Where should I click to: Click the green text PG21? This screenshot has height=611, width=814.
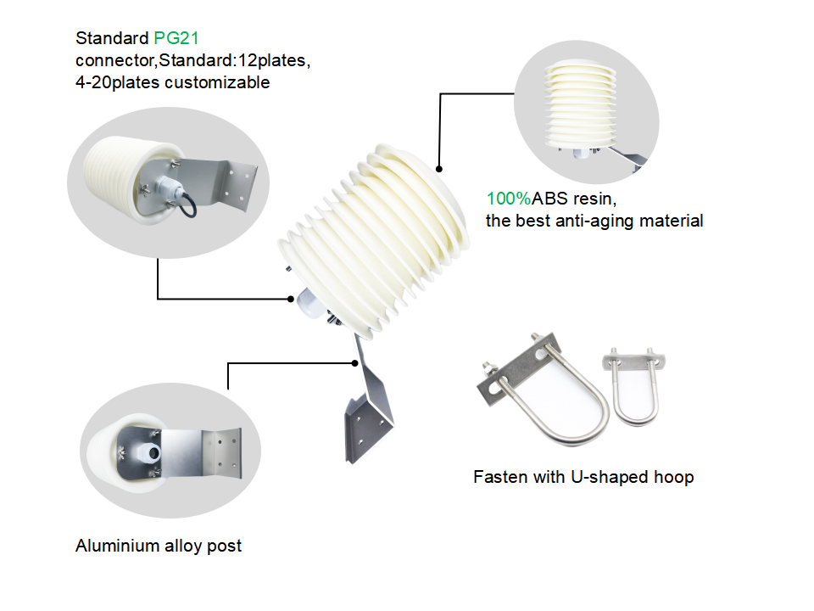pyautogui.click(x=176, y=38)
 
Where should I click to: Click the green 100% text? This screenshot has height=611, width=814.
pyautogui.click(x=508, y=199)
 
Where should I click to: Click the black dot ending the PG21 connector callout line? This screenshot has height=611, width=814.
pyautogui.click(x=288, y=299)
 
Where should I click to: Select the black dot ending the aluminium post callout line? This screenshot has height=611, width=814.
pyautogui.click(x=355, y=363)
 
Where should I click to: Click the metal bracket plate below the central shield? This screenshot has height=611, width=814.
pyautogui.click(x=370, y=416)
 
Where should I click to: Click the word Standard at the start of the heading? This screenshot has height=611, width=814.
pyautogui.click(x=112, y=38)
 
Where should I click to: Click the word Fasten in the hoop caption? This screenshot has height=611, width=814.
pyautogui.click(x=499, y=477)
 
